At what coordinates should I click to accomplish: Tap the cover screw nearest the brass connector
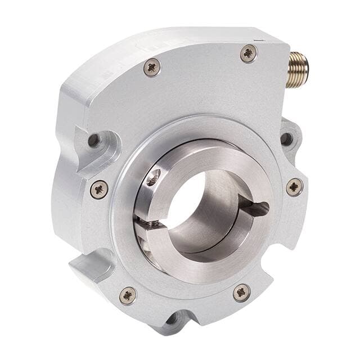click(x=248, y=53)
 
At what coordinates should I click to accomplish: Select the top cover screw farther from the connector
click(x=152, y=67)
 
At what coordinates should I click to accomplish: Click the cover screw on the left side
click(x=100, y=189)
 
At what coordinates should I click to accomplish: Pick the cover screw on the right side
click(x=294, y=187)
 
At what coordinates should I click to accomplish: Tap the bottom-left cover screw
click(x=128, y=295)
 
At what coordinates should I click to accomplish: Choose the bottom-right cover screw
click(x=242, y=292)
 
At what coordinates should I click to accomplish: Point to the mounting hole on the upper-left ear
click(x=93, y=139)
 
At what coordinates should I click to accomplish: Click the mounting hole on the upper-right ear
click(x=286, y=138)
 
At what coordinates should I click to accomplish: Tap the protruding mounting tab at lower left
click(x=90, y=265)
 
